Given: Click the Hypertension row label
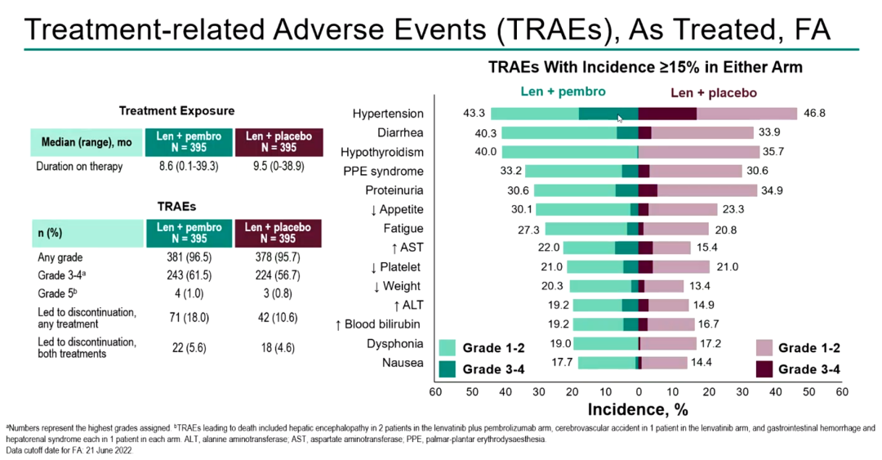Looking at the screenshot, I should [x=388, y=114].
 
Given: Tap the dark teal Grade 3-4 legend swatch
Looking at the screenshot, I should [x=448, y=369].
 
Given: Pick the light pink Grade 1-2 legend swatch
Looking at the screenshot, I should [x=764, y=348].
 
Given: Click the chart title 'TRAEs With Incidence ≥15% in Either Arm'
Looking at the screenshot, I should [x=645, y=67].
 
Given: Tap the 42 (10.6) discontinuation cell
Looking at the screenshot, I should [x=278, y=318].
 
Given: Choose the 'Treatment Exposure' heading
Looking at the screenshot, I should [x=177, y=111].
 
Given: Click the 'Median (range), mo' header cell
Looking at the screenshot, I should [x=87, y=142].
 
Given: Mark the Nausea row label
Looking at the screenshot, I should [x=403, y=362].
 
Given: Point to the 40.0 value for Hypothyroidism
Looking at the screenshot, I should [x=486, y=152].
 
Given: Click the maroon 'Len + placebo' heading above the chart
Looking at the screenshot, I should [x=713, y=92].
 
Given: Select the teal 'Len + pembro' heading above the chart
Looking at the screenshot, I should [x=563, y=92].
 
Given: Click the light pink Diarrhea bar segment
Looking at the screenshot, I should [x=702, y=132].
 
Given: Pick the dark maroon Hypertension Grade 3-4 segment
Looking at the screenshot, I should [x=667, y=114].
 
